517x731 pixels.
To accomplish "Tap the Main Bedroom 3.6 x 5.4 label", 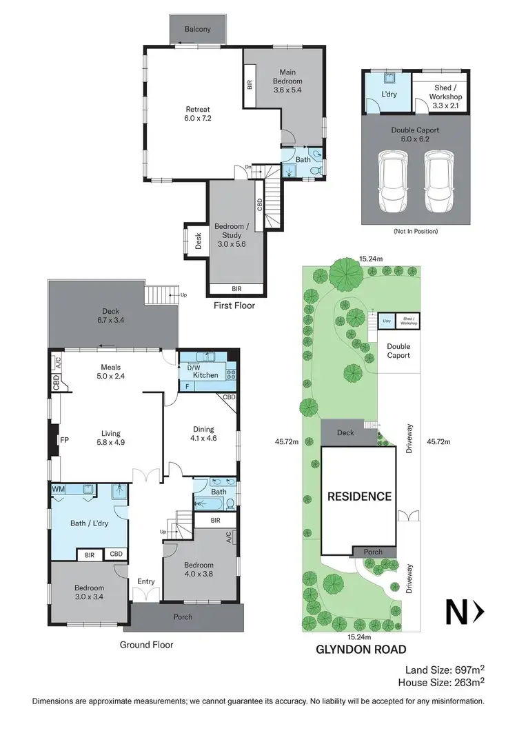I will click(x=287, y=81).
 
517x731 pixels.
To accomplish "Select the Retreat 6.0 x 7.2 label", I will click(x=197, y=114).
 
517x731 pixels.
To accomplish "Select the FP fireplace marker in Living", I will click(x=63, y=439).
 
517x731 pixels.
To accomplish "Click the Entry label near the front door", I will click(x=145, y=581).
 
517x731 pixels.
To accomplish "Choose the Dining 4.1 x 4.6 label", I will click(x=203, y=433).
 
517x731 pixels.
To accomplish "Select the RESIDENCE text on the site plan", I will click(x=359, y=496).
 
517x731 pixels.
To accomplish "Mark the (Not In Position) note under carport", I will click(x=416, y=231).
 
